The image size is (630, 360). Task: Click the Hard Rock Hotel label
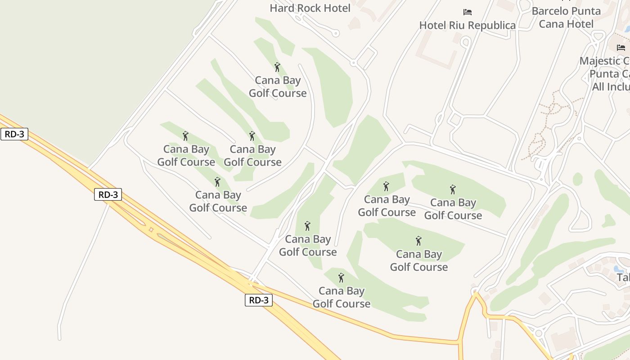pos(310,8)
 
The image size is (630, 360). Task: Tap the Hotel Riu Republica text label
pos(467,26)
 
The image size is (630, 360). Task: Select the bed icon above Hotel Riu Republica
pos(468,12)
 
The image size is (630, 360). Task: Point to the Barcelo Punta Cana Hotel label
pos(566,18)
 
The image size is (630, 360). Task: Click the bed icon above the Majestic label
pos(621,47)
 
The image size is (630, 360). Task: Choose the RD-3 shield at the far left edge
pos(14,134)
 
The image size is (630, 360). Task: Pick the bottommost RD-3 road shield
pos(259,300)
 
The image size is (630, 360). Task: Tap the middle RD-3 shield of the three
pos(108,194)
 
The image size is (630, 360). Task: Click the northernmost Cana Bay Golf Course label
pos(278,87)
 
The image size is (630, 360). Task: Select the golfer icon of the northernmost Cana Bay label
pos(277,67)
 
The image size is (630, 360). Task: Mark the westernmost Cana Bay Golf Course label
pos(186,155)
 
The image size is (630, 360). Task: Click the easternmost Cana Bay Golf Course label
pos(453,209)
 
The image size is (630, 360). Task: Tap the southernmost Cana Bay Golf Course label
pos(341,297)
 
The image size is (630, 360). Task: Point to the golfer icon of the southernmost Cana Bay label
pos(341,277)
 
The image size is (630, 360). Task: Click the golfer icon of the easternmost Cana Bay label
pos(453,189)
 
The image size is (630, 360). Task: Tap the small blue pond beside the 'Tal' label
pos(617,269)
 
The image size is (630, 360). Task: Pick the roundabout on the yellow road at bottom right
pos(539,333)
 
